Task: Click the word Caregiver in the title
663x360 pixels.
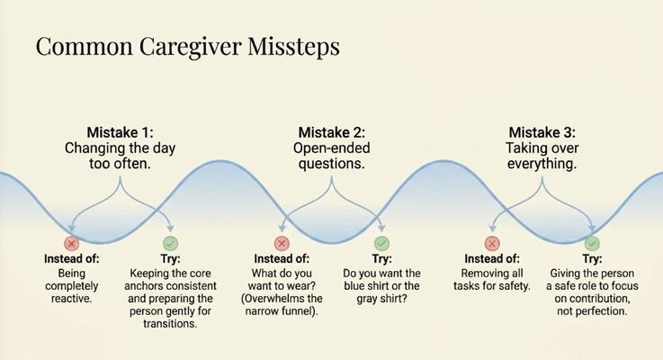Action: click(x=191, y=47)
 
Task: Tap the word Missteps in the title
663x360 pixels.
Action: click(x=293, y=46)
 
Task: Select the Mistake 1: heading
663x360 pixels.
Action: click(x=120, y=132)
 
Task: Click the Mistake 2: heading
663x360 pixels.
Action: click(x=331, y=132)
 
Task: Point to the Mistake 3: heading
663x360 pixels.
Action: click(x=542, y=132)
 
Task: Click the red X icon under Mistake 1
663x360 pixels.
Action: click(x=72, y=243)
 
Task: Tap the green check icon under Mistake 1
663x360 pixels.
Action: click(x=170, y=243)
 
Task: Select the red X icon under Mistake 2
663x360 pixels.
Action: click(x=282, y=243)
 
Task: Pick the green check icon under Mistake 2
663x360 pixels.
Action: click(x=381, y=243)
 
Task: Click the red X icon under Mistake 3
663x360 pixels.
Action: click(x=492, y=243)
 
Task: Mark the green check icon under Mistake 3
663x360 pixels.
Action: click(x=592, y=243)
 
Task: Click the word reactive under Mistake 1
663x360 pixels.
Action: click(x=71, y=299)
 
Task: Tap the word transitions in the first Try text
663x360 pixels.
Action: click(x=170, y=324)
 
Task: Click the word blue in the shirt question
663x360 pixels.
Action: click(x=354, y=286)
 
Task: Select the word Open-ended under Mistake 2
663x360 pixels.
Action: click(x=331, y=148)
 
